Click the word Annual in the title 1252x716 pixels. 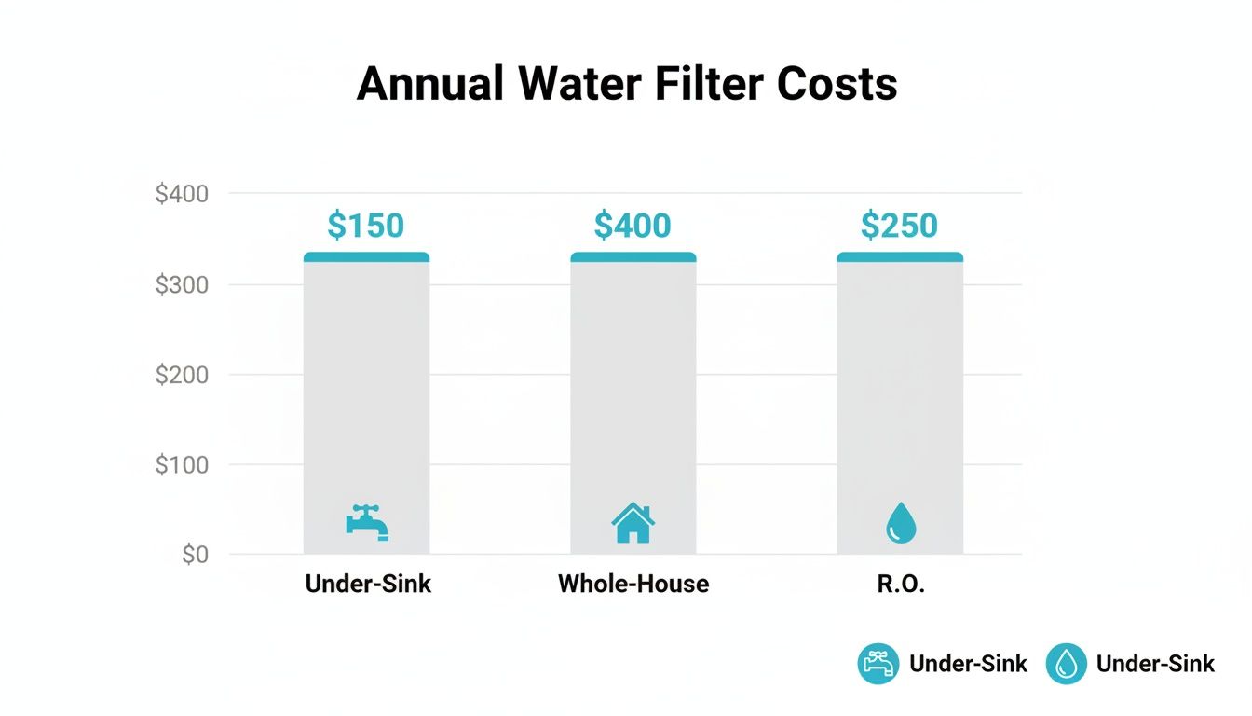429,84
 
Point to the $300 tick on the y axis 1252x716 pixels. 182,284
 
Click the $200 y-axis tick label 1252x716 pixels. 182,375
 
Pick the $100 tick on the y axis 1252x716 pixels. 182,464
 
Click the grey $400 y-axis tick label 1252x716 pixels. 182,194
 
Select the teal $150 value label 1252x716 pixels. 366,226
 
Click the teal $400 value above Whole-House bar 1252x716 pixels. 633,226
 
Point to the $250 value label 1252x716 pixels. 899,226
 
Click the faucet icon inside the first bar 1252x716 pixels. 366,522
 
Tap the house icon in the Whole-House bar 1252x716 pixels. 633,523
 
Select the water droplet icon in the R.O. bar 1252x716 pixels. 900,523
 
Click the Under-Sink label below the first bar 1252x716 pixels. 368,585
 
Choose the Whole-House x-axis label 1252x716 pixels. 633,585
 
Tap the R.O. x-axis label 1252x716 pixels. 900,585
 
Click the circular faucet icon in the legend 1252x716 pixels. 878,664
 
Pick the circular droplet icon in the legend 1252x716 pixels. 1066,664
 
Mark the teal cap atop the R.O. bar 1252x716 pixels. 900,256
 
